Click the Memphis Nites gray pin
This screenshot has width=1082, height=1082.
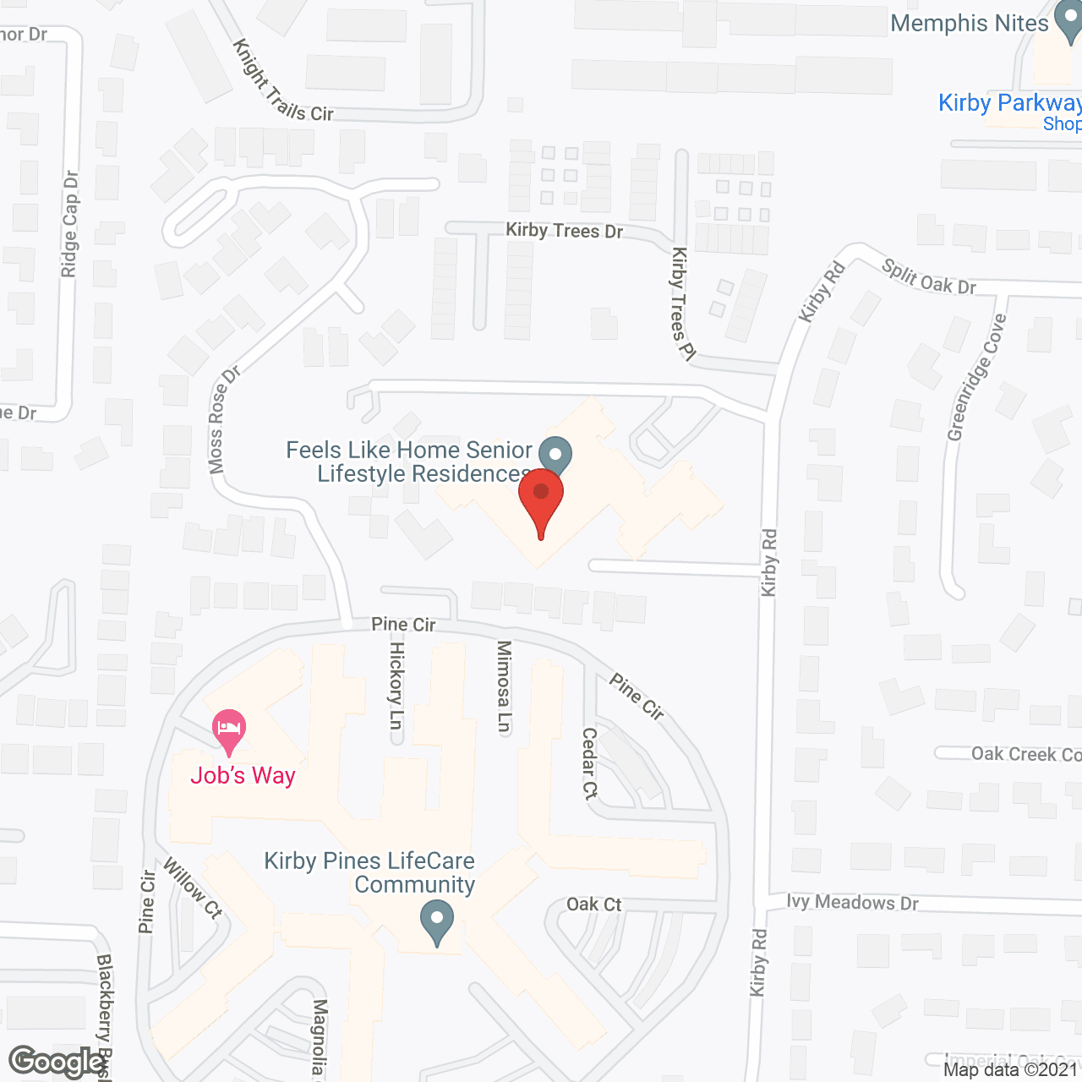click(1069, 25)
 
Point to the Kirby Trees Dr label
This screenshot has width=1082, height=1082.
click(564, 230)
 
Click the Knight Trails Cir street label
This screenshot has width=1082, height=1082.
click(282, 81)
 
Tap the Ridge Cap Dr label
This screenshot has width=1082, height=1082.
click(70, 224)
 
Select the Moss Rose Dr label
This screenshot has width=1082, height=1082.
click(223, 420)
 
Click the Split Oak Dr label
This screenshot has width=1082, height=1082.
click(928, 277)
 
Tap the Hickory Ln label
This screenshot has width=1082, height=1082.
click(396, 685)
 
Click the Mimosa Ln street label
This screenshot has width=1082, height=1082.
click(504, 686)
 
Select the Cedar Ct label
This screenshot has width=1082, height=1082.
click(590, 763)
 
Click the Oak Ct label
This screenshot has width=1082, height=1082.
click(593, 904)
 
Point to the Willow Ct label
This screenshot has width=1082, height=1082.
click(193, 888)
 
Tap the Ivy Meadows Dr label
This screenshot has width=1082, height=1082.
click(852, 903)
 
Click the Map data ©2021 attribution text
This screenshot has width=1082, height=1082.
click(1011, 1070)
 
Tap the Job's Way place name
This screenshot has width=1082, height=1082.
click(243, 776)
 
